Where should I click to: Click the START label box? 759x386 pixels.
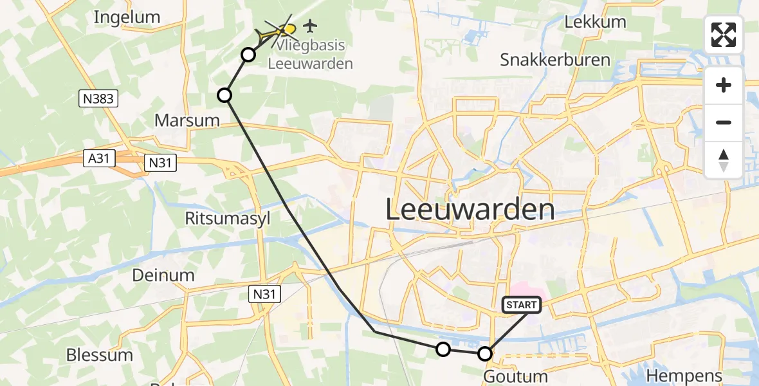point(521,305)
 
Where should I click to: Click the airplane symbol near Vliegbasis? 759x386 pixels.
point(311,26)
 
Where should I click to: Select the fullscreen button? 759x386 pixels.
point(724,35)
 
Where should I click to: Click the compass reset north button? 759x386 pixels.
point(724,160)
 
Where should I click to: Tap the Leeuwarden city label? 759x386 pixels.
point(470,210)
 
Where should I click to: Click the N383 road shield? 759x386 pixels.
point(99,98)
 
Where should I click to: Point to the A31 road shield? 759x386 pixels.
point(98,158)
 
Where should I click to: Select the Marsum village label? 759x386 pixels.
point(187,120)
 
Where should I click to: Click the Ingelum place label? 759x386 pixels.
point(126,17)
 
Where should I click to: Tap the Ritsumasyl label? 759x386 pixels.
point(228,218)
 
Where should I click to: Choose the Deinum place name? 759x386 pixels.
point(163,275)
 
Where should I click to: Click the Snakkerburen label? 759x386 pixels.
point(555,60)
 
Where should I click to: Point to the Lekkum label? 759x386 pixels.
point(595,22)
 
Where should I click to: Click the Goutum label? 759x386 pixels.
point(515,376)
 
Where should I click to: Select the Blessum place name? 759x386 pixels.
point(100,355)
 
